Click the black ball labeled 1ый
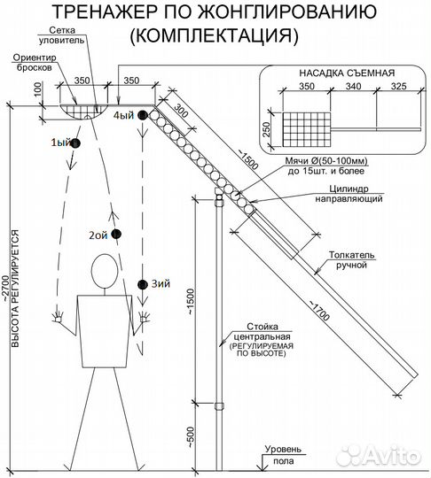[x=75, y=143]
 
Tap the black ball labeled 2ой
[x=116, y=234]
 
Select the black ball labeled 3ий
[x=143, y=284]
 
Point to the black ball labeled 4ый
[x=143, y=115]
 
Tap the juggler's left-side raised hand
[x=58, y=317]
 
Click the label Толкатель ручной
[x=351, y=259]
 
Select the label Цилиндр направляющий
[x=349, y=194]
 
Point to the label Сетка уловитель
[x=61, y=35]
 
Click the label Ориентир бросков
[x=35, y=63]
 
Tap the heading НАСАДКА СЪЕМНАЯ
[x=347, y=73]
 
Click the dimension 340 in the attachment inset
[x=354, y=86]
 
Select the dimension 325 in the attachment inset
[x=399, y=86]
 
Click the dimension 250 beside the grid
[x=266, y=129]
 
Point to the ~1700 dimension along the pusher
[x=320, y=311]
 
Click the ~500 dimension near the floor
[x=190, y=437]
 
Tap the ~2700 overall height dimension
[x=6, y=289]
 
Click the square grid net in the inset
[x=306, y=129]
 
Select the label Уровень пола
[x=283, y=455]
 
